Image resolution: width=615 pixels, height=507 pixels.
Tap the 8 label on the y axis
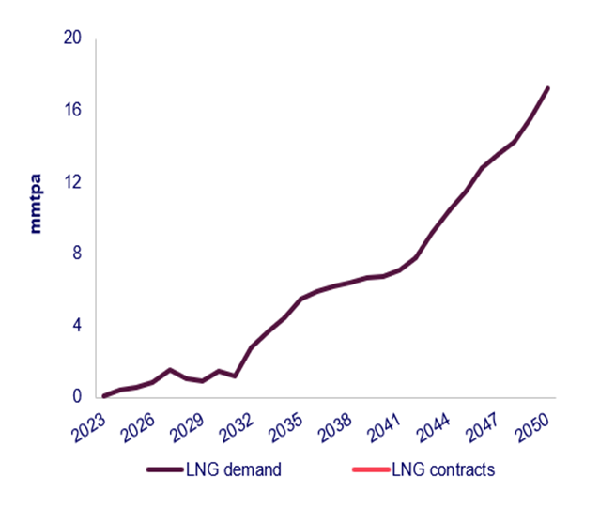tap(76, 253)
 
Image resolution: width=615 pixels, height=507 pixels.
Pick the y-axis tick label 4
tap(76, 325)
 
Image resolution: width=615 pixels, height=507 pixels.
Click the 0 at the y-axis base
tap(76, 397)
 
